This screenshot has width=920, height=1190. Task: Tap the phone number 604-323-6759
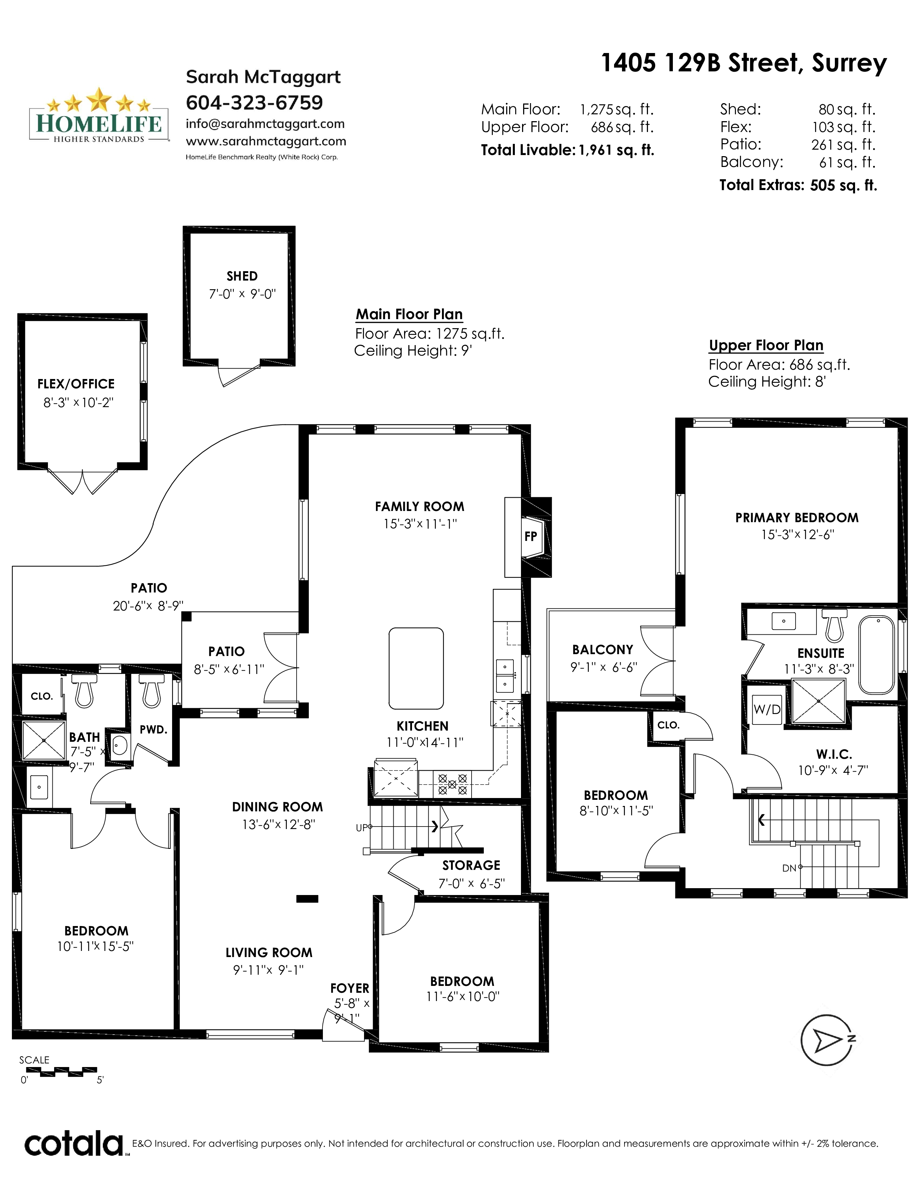point(254,102)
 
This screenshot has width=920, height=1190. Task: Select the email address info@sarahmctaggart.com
point(265,124)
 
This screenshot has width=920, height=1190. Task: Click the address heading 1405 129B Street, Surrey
point(744,63)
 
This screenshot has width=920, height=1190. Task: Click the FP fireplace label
point(530,537)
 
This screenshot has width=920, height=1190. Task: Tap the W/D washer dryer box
point(767,709)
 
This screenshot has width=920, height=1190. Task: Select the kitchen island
point(416,669)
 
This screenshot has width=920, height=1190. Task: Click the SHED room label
point(242,276)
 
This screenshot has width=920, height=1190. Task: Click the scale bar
point(69,1071)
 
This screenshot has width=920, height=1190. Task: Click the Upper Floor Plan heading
point(766,345)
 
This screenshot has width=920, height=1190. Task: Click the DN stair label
point(789,869)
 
